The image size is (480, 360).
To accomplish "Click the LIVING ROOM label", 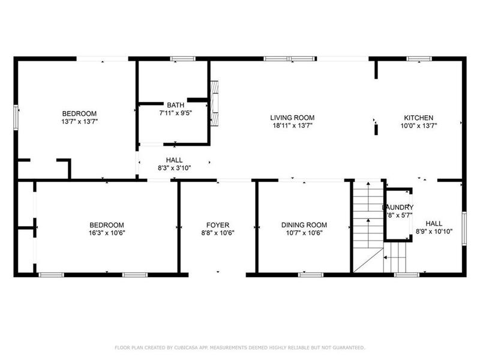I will coord(292,118).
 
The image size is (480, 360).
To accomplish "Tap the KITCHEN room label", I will coord(418,118).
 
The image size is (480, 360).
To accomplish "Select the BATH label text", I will coord(175,104).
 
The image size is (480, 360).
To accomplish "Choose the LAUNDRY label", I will coord(398,208).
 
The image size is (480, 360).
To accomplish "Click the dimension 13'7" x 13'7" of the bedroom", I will coord(80,121).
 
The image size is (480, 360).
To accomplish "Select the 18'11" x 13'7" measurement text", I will coord(292,125).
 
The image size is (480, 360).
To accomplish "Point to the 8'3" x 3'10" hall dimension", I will coord(174,168).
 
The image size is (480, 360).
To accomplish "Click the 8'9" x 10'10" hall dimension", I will coord(434,230).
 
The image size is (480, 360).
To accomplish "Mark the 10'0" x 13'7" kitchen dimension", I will coord(418,125).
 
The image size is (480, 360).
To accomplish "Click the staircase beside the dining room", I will coord(365,222).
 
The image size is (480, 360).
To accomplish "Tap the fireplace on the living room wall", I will coord(215,104).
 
